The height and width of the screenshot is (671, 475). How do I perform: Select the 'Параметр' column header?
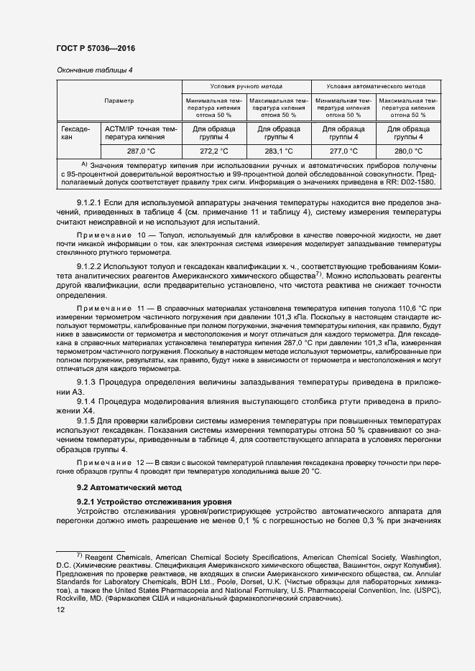click(x=119, y=100)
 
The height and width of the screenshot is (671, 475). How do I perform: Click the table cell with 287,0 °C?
click(x=142, y=151)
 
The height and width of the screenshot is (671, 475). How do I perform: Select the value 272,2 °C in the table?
click(x=213, y=151)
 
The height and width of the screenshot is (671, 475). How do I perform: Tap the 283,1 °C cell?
click(x=279, y=151)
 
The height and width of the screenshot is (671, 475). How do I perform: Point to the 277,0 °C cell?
click(x=343, y=151)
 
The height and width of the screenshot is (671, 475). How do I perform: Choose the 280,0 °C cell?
click(x=409, y=151)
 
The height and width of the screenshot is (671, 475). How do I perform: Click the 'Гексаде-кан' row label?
click(x=75, y=133)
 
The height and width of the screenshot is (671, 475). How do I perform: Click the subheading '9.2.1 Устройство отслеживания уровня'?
click(x=149, y=501)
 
